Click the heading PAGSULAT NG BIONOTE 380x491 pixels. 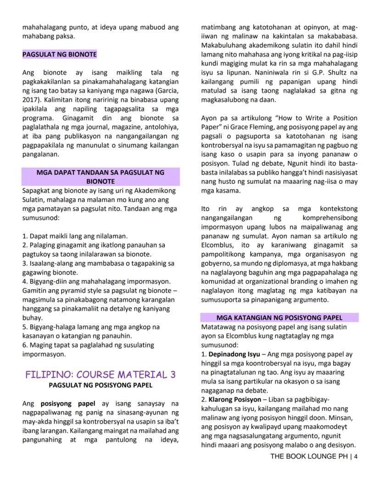[x=60, y=55]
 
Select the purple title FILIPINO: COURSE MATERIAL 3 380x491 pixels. [x=101, y=375]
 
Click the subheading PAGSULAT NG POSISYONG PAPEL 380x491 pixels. [x=101, y=385]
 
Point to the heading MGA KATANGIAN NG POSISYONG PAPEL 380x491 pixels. [x=279, y=318]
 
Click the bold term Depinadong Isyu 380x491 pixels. [x=234, y=354]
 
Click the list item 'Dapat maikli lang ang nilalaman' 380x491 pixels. [x=75, y=236]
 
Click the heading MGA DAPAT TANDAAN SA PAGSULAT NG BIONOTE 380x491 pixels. [x=101, y=177]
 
